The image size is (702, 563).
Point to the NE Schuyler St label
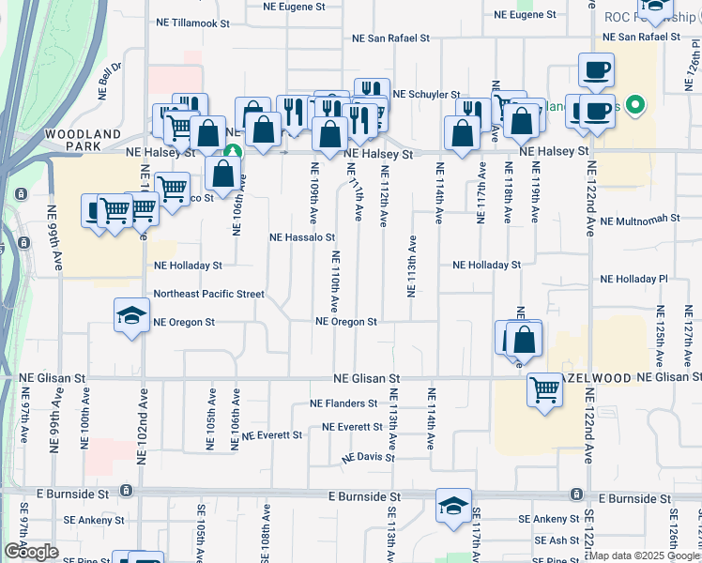[426, 95]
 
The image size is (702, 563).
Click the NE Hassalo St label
[302, 238]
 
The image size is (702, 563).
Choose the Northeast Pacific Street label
[208, 294]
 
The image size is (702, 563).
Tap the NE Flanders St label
[343, 404]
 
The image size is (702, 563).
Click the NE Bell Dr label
[110, 81]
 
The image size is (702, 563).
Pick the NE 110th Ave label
[334, 281]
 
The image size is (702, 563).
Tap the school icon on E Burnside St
[453, 506]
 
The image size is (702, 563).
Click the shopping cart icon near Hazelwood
[544, 389]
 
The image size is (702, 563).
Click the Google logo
[31, 552]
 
